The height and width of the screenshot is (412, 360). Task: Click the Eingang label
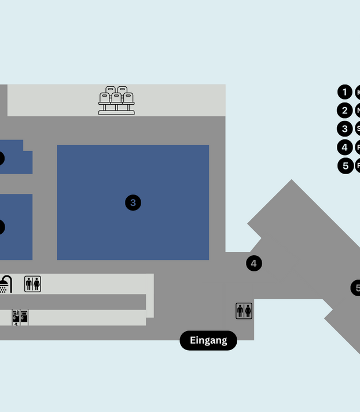[208, 340]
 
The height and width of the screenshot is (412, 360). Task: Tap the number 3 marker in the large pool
[133, 203]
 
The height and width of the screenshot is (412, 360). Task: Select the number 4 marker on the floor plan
[254, 263]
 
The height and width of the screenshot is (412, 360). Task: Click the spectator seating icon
[116, 100]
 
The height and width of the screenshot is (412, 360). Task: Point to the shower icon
[5, 284]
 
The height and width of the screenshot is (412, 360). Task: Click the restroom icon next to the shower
[32, 284]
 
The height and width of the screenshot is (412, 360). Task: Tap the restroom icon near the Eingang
[244, 311]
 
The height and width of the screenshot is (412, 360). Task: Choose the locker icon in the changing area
[20, 317]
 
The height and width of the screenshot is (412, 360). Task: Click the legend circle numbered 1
[345, 92]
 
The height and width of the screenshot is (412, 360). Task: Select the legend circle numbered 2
[345, 111]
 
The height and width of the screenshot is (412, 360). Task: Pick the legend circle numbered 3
[345, 129]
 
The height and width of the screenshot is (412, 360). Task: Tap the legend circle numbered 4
[345, 147]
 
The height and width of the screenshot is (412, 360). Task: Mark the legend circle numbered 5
[345, 165]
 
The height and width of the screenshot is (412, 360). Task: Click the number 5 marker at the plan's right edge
[356, 288]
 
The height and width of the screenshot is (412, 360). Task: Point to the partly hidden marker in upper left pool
[1, 159]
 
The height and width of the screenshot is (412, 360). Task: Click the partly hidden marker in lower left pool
[1, 227]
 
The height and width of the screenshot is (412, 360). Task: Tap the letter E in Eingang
[193, 340]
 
